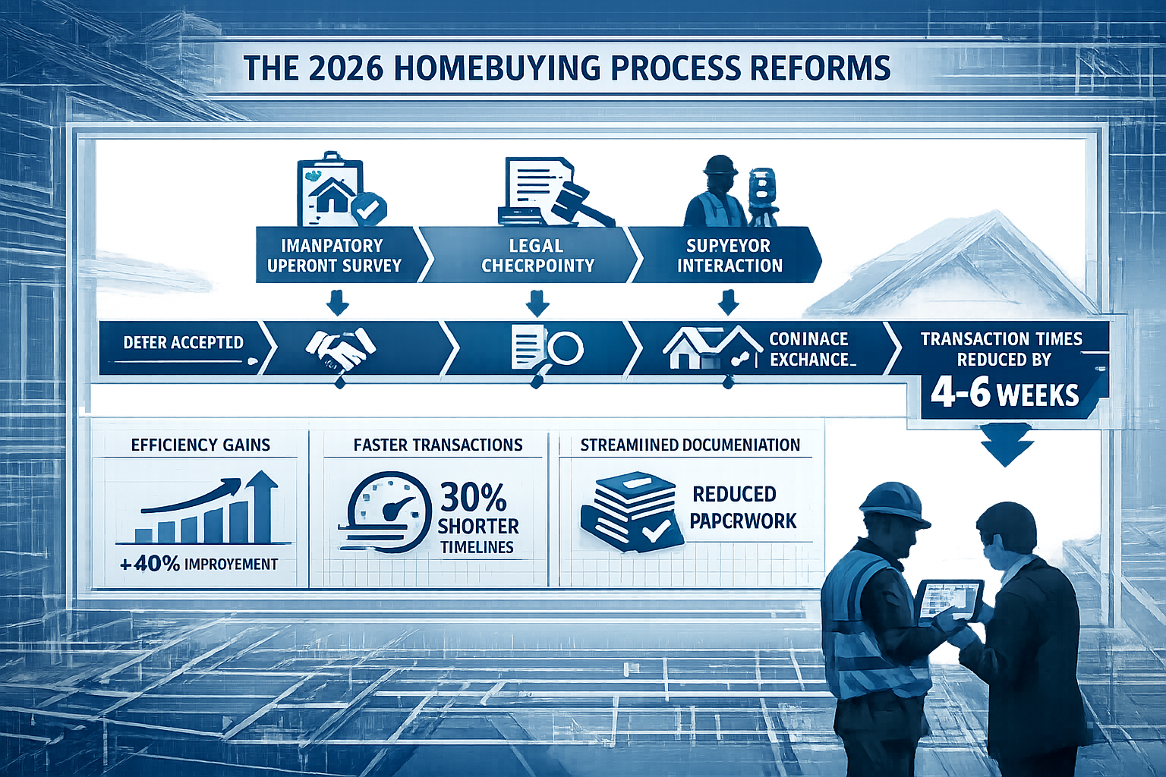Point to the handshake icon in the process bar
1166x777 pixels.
point(339,348)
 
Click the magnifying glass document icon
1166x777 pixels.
point(547,348)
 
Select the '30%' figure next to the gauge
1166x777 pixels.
point(474,498)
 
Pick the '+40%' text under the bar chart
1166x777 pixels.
point(150,564)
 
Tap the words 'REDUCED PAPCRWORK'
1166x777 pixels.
point(743,507)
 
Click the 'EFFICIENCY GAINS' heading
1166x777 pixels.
point(200,445)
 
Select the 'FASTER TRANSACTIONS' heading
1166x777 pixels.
point(438,445)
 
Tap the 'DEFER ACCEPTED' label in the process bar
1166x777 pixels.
point(183,343)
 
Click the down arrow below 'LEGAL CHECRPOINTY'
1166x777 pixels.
point(537,305)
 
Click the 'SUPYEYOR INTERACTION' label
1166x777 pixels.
point(729,256)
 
